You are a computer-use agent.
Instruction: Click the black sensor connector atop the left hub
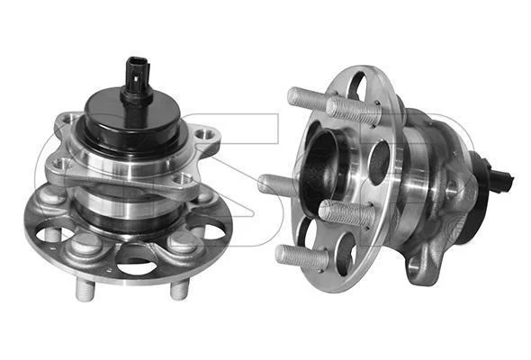click(136, 79)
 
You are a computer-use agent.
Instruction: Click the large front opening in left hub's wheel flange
click(137, 261)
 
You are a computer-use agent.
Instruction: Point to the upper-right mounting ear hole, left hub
click(204, 134)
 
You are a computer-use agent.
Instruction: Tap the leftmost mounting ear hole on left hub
click(61, 165)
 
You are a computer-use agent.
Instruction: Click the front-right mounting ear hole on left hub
click(184, 178)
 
